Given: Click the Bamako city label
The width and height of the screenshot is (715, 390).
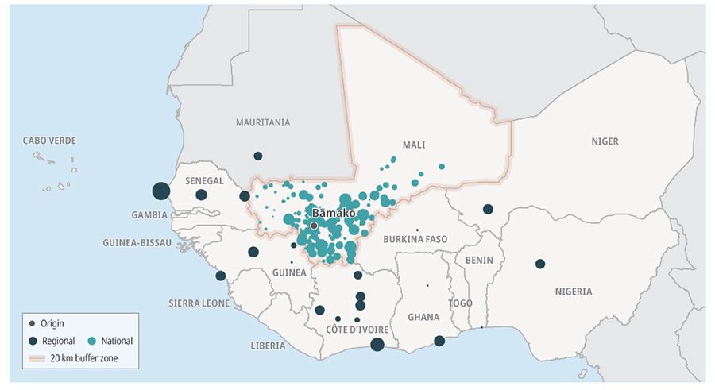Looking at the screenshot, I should (334, 214).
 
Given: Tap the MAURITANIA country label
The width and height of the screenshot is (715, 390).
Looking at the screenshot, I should (263, 122).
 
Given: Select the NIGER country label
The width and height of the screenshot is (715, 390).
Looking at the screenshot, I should (604, 141).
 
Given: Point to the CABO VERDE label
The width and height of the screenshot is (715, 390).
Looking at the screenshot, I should (49, 141).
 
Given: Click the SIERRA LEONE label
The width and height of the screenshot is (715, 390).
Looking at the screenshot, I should (199, 303).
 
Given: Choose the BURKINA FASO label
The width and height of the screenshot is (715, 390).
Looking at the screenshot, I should (415, 239).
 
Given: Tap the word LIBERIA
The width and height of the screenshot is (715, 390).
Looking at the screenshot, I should (268, 346).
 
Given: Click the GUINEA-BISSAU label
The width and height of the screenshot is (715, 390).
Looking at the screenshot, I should (137, 242).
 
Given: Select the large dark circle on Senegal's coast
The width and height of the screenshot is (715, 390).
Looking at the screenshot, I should (160, 191).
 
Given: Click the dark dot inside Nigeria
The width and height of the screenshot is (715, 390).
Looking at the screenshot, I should (540, 264).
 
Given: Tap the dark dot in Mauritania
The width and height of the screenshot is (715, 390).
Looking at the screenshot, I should (257, 156).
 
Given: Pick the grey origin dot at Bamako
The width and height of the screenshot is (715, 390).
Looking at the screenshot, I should (314, 226).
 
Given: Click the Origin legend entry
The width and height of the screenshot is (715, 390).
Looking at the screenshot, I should (48, 323).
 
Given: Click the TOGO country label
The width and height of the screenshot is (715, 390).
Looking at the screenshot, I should (460, 303).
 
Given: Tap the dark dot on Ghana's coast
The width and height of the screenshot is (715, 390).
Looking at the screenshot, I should (439, 341).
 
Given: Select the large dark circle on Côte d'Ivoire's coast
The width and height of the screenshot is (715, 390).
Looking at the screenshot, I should (377, 344).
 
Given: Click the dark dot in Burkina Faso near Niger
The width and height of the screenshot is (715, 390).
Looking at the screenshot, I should (488, 210).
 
